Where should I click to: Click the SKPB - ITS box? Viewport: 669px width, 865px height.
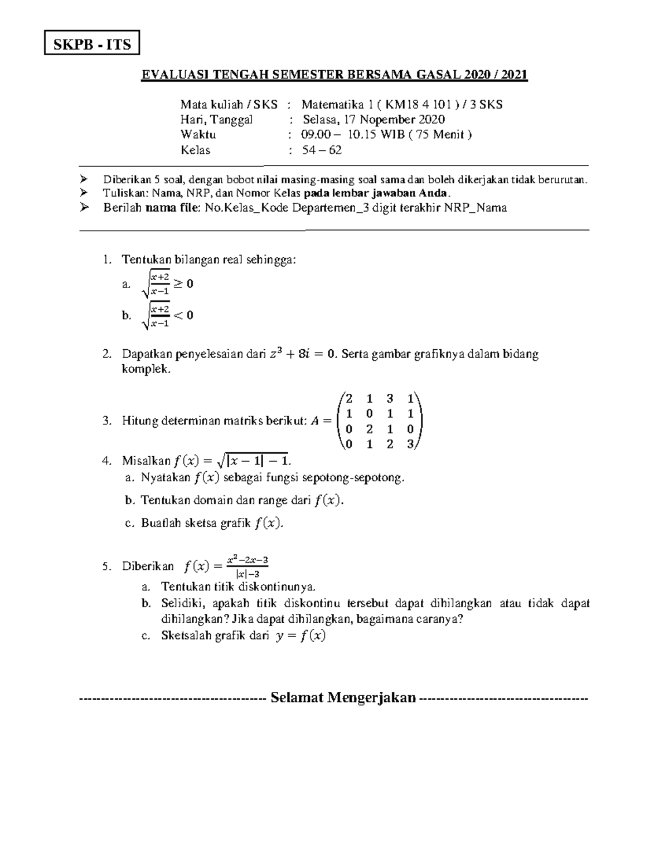click(92, 44)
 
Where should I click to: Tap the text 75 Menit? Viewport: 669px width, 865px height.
click(440, 134)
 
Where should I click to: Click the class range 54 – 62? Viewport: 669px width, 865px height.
click(322, 150)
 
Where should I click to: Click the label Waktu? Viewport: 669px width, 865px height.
click(198, 134)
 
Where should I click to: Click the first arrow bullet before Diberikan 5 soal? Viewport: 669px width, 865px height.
click(84, 179)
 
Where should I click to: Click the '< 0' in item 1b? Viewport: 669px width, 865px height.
click(184, 315)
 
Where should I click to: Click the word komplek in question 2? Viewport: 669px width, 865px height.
click(145, 369)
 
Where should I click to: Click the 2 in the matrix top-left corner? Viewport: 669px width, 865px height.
click(348, 398)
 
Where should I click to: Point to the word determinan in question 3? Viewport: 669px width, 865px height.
click(187, 421)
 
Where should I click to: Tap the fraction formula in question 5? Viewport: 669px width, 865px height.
click(245, 566)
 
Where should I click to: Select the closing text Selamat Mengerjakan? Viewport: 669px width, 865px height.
click(343, 697)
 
